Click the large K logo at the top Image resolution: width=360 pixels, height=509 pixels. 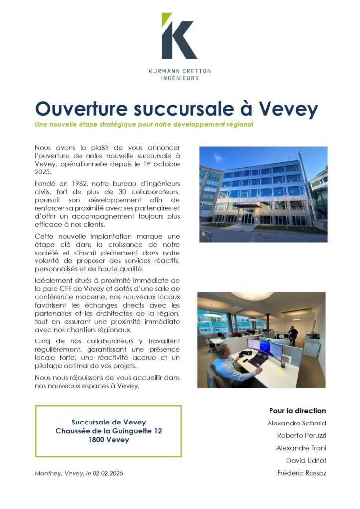click(x=179, y=37)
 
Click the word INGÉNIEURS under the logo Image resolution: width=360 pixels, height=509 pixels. click(x=180, y=78)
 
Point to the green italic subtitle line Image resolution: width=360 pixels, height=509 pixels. click(x=144, y=124)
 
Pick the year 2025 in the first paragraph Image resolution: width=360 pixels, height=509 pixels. click(x=43, y=172)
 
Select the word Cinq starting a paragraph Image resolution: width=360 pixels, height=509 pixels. click(x=43, y=341)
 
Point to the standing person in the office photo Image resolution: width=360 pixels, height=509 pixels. click(x=293, y=335)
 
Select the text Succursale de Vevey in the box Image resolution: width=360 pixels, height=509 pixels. click(x=108, y=422)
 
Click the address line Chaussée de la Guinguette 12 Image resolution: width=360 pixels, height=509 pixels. click(x=108, y=431)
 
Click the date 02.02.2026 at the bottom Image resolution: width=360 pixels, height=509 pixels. click(x=107, y=473)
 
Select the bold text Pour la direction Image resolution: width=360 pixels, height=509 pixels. click(x=297, y=411)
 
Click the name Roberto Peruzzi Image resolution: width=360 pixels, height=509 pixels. click(x=301, y=435)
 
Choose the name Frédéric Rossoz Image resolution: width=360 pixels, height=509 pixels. click(x=301, y=473)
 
